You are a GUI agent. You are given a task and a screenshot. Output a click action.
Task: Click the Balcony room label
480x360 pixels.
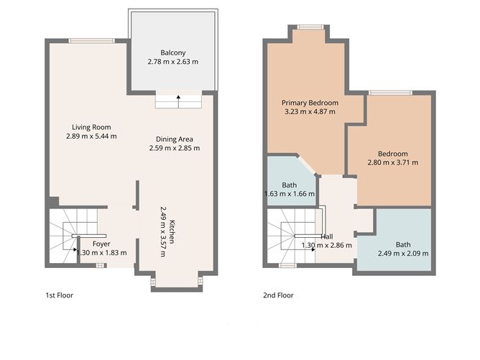point(173,52)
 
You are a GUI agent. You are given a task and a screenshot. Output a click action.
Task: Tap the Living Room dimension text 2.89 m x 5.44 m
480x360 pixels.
point(91,136)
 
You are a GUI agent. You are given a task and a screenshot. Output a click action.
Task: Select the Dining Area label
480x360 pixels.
point(175,139)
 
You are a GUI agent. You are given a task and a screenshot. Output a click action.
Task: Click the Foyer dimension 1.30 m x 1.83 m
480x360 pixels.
point(101,252)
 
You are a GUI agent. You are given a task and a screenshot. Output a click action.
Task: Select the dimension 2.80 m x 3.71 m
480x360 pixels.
point(393,162)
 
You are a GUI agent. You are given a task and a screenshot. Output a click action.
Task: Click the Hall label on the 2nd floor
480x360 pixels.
point(327,236)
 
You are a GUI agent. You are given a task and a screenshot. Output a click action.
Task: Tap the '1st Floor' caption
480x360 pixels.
point(59,295)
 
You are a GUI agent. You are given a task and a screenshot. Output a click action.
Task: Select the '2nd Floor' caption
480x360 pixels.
point(278,295)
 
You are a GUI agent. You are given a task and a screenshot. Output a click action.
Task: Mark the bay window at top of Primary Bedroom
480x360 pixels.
point(310,27)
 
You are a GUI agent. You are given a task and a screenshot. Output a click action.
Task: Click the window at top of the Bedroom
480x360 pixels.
point(390,92)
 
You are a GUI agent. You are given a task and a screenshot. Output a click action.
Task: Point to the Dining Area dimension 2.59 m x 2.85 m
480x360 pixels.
point(175,149)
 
